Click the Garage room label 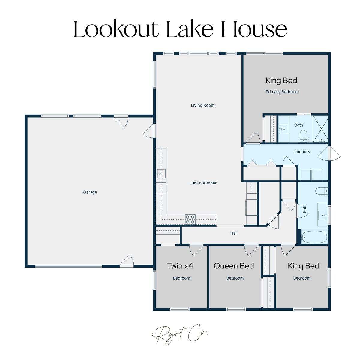click(x=90, y=192)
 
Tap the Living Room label click(x=202, y=105)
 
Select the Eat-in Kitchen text click(x=204, y=183)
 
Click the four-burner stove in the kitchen click(x=190, y=219)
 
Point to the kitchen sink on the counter click(x=161, y=174)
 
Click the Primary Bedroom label click(x=282, y=92)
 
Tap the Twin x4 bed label click(x=180, y=266)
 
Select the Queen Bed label click(x=234, y=266)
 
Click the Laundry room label click(x=302, y=152)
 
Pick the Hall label click(x=234, y=233)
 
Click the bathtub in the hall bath click(x=314, y=237)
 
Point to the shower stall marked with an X click(x=320, y=129)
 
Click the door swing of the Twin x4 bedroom click(x=196, y=250)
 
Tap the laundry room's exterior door click(x=329, y=153)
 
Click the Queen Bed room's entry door click(x=251, y=250)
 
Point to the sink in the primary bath click(x=283, y=129)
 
